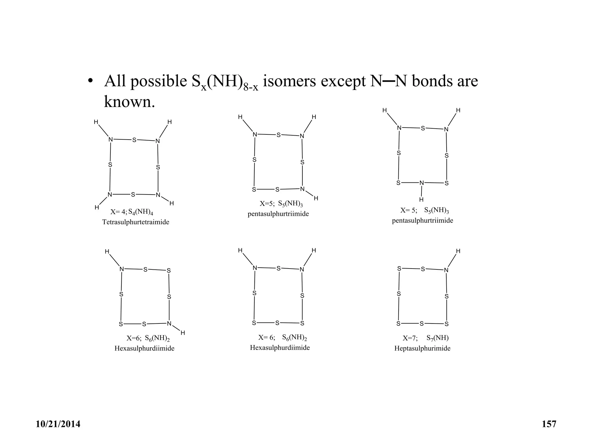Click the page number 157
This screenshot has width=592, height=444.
click(549, 424)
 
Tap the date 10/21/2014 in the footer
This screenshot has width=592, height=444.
click(58, 424)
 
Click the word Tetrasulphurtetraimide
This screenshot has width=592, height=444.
click(136, 222)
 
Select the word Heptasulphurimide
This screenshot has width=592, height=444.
click(422, 348)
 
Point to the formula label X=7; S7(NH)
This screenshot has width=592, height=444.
click(425, 338)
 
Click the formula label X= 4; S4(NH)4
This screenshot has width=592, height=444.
click(132, 212)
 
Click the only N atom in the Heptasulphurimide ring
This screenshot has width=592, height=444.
click(446, 270)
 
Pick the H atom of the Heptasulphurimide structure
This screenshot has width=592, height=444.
click(458, 251)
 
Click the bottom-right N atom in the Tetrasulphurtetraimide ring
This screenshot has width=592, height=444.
click(158, 195)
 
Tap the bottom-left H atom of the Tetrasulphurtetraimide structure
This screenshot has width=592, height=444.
click(97, 208)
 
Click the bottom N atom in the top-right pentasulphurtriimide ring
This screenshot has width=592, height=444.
click(422, 183)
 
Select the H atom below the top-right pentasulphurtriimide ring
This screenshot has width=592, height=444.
click(421, 199)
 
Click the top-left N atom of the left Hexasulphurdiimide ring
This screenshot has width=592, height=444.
click(122, 269)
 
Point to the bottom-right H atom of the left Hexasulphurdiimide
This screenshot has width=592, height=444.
click(183, 333)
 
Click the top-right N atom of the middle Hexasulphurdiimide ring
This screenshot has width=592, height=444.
click(302, 269)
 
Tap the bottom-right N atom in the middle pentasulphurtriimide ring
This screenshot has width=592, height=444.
click(302, 189)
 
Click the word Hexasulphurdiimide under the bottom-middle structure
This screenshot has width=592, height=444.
click(280, 348)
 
